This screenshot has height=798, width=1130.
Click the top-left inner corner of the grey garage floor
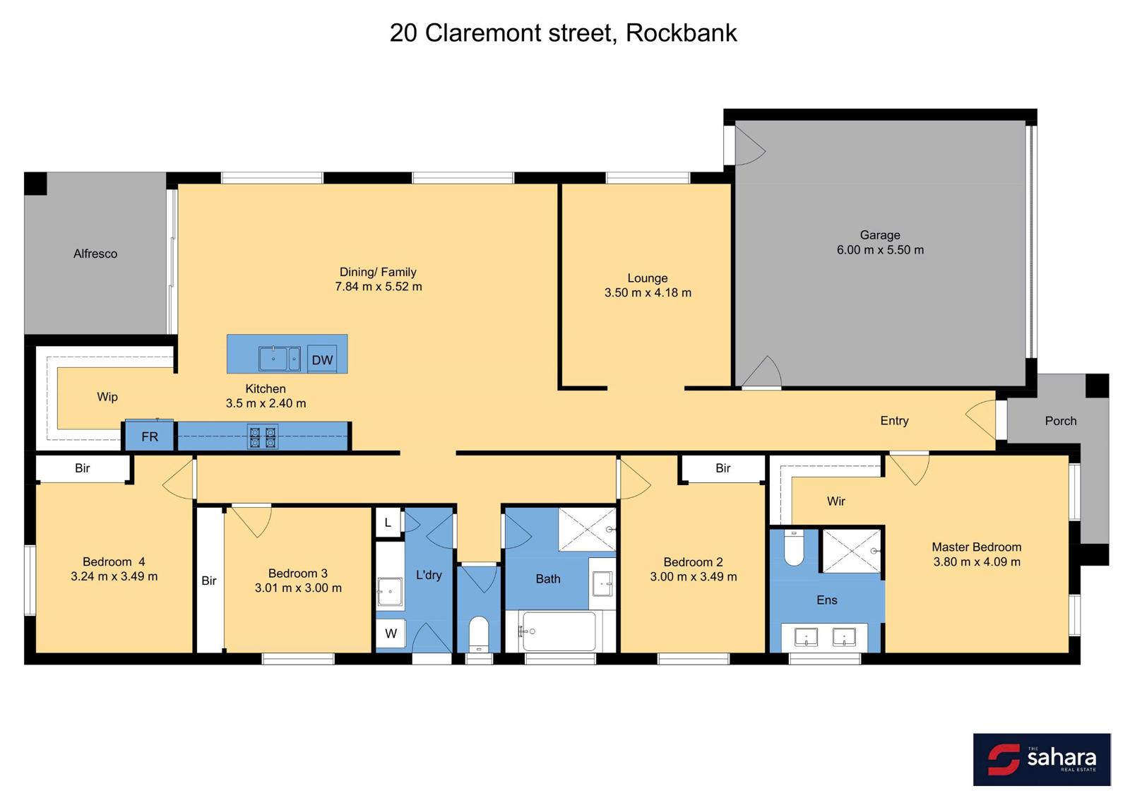pyautogui.click(x=735, y=121)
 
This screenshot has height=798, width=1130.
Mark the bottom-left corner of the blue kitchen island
pyautogui.click(x=227, y=374)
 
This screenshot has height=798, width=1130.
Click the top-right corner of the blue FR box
pyautogui.click(x=174, y=419)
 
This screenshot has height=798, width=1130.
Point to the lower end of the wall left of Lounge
pyautogui.click(x=559, y=389)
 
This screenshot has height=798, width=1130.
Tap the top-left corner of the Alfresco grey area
pyautogui.click(x=25, y=172)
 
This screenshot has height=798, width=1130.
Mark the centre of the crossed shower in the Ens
pyautogui.click(x=852, y=551)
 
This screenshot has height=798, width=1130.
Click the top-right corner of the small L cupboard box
pyautogui.click(x=400, y=508)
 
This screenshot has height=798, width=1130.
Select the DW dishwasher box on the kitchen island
pyautogui.click(x=322, y=359)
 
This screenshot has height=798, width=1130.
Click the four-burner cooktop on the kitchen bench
pyautogui.click(x=262, y=437)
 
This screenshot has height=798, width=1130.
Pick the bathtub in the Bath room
pyautogui.click(x=559, y=631)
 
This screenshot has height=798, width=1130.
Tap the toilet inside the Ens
pyautogui.click(x=794, y=548)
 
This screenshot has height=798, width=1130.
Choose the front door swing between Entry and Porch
pyautogui.click(x=982, y=419)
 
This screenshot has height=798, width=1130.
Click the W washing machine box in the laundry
pyautogui.click(x=391, y=633)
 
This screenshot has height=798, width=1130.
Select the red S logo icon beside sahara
pyautogui.click(x=1004, y=759)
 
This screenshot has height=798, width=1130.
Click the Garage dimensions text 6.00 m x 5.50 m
pyautogui.click(x=880, y=250)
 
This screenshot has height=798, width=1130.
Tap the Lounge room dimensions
pyautogui.click(x=648, y=292)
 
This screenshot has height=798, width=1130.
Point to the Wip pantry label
pyautogui.click(x=107, y=397)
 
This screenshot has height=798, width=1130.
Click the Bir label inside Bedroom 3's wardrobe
pyautogui.click(x=209, y=580)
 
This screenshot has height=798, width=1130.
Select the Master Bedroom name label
pyautogui.click(x=977, y=547)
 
